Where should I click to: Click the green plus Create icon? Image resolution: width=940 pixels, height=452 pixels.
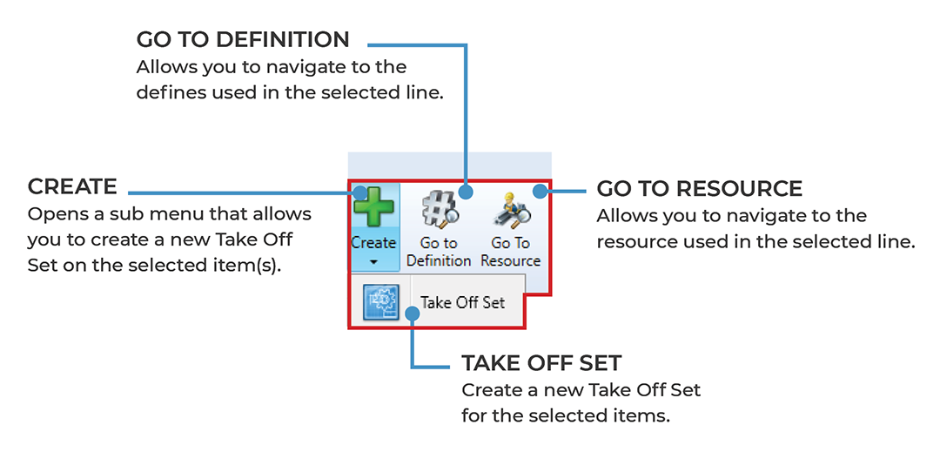click(373, 210)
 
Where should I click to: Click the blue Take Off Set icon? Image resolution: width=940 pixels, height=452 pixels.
click(381, 302)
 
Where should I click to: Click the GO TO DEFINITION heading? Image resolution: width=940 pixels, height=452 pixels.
click(243, 40)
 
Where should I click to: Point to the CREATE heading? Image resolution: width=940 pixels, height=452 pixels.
click(72, 186)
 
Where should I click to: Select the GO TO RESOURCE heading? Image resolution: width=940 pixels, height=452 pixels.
click(699, 188)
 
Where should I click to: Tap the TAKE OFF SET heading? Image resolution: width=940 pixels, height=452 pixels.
click(541, 362)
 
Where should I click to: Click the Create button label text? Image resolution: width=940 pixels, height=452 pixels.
click(373, 243)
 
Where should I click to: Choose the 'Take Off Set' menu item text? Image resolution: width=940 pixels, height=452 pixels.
click(462, 303)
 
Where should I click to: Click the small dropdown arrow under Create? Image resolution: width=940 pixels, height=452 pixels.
click(373, 260)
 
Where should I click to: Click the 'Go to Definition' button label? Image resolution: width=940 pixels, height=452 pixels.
click(439, 252)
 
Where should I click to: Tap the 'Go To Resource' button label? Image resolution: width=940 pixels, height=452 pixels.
click(511, 252)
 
